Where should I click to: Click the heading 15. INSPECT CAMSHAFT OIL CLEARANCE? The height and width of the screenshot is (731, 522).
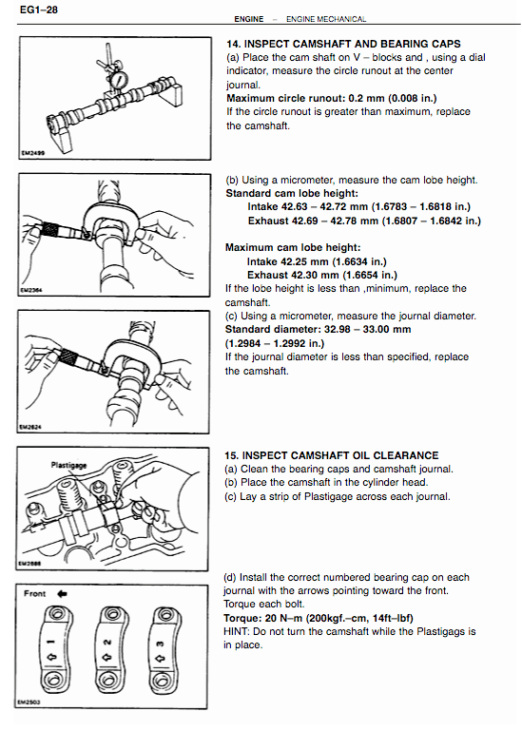coord(331,455)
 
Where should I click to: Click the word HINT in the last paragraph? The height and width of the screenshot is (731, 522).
coord(240,631)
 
